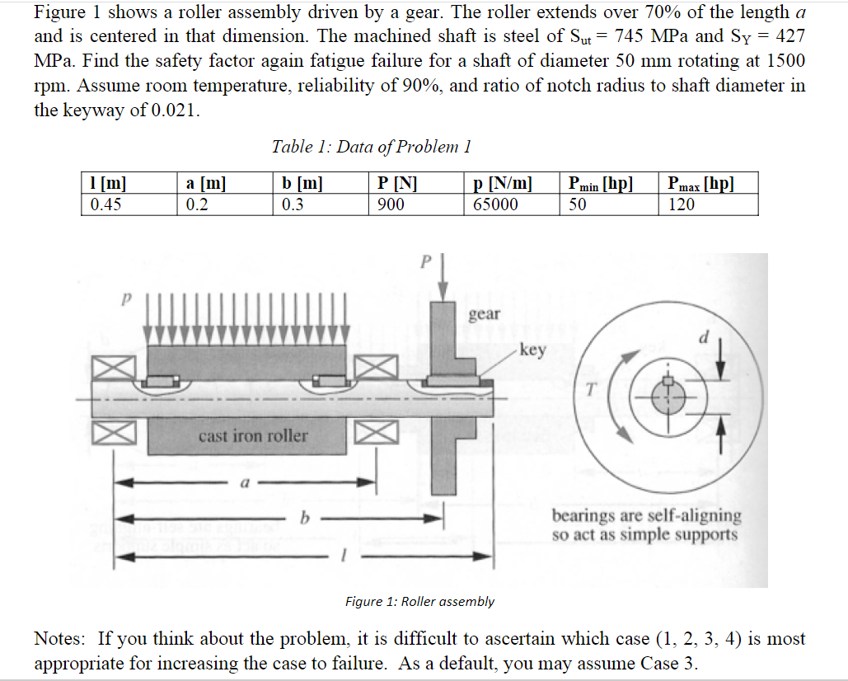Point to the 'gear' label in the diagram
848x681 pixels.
[484, 313]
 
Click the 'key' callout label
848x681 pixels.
[533, 350]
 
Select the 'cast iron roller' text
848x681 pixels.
[253, 435]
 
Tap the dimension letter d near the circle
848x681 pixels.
[703, 338]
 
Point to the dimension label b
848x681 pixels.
[304, 519]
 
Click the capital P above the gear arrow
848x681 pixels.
[426, 262]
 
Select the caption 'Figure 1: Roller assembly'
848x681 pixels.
[419, 601]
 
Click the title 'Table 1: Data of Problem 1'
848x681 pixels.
[371, 147]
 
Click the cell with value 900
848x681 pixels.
[390, 204]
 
